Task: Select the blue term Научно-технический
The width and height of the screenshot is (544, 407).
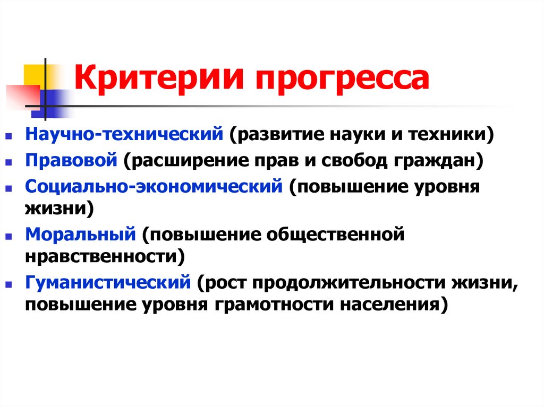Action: click(x=123, y=134)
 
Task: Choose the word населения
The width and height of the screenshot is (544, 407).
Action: click(x=391, y=305)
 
